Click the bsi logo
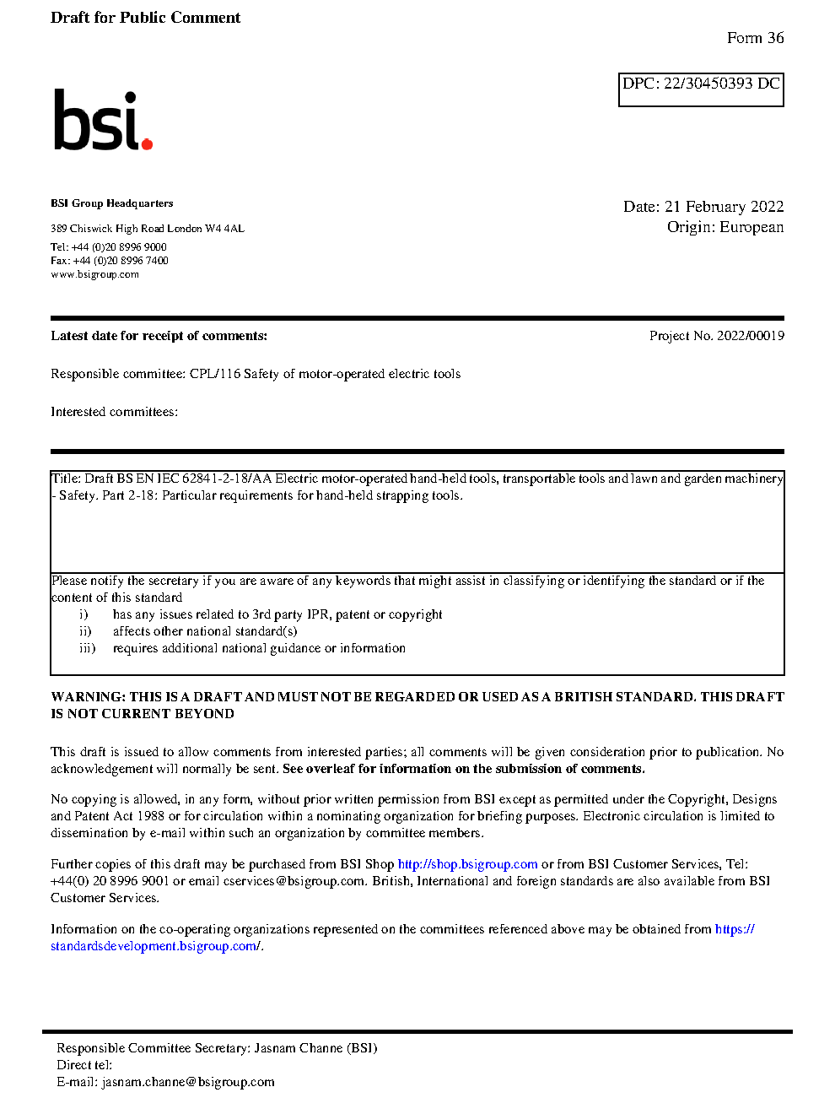click(x=102, y=121)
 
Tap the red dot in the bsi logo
click(x=147, y=143)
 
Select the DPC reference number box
click(x=701, y=89)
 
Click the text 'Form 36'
click(x=755, y=38)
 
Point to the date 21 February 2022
click(x=724, y=207)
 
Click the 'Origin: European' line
click(x=725, y=227)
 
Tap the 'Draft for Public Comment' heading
click(x=145, y=18)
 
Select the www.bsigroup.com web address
click(x=94, y=274)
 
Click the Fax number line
click(x=109, y=261)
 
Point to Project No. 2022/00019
click(x=716, y=336)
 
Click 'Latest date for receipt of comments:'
click(x=159, y=336)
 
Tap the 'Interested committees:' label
click(x=114, y=412)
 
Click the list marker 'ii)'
click(x=85, y=631)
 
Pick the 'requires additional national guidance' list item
click(x=259, y=648)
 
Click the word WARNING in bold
click(x=88, y=697)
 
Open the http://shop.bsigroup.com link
click(x=467, y=864)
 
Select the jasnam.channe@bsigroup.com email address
click(x=188, y=1082)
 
